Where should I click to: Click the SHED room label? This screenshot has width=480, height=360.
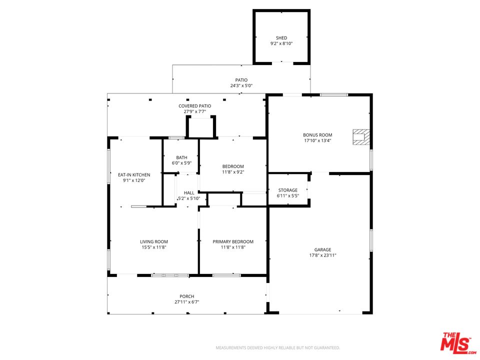[281, 37]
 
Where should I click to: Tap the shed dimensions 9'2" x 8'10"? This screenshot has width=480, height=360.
[281, 43]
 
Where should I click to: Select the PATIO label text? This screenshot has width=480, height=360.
[241, 80]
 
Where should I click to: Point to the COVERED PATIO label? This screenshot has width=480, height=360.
[195, 106]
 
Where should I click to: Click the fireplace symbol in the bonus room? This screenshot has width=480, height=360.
[361, 137]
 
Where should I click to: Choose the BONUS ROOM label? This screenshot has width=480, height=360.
[317, 135]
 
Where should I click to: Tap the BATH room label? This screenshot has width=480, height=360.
[181, 157]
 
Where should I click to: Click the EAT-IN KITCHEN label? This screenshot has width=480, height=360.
[134, 174]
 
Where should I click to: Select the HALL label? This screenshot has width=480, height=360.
[189, 192]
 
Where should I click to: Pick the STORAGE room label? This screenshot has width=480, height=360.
[288, 190]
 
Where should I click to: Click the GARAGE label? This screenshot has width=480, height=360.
[322, 249]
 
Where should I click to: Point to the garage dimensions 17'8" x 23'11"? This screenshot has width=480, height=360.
[322, 255]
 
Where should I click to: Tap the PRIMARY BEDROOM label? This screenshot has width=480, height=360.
[233, 241]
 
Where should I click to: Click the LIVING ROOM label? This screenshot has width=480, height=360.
[154, 241]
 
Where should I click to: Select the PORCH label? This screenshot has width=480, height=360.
[187, 296]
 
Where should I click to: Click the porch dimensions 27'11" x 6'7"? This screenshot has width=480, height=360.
[187, 302]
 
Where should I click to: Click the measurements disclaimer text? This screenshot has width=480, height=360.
[278, 347]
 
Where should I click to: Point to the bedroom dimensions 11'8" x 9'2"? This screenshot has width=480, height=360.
[233, 172]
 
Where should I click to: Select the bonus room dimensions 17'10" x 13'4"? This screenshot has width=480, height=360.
[317, 141]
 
